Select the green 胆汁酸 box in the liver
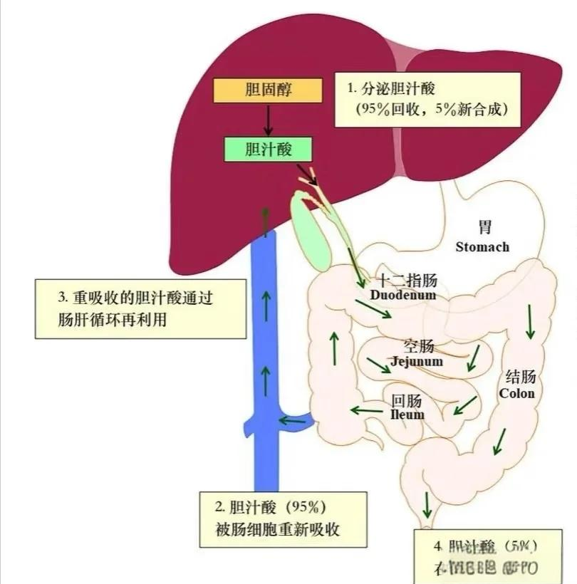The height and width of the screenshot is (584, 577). [x=268, y=149]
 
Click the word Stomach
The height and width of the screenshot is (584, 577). [x=482, y=247]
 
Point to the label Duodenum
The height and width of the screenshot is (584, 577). [x=403, y=294]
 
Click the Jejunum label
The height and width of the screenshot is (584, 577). [x=417, y=361]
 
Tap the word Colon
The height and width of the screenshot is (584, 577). [x=517, y=393]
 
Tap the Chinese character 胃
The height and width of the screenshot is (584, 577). [x=484, y=228]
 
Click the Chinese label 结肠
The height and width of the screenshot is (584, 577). [x=520, y=377]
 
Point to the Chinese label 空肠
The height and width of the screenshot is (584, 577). [x=419, y=347]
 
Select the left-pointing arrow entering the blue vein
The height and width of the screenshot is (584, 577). [x=292, y=420]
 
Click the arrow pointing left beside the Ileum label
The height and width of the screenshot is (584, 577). [x=364, y=410]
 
